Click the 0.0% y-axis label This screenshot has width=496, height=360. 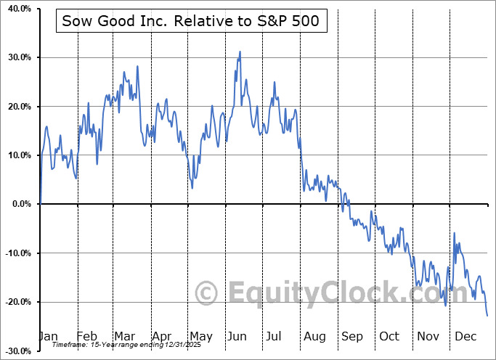18,204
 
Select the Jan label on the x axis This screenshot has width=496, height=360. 47,336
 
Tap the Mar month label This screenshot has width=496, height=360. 125,336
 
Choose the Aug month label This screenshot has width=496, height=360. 314,336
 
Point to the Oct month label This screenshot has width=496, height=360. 389,336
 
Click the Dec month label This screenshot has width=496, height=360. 465,336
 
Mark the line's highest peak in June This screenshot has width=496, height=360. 240,52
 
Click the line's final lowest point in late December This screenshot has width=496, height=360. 487,315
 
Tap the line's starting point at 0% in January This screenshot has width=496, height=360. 41,204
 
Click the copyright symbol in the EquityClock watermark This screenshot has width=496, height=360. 207,293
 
